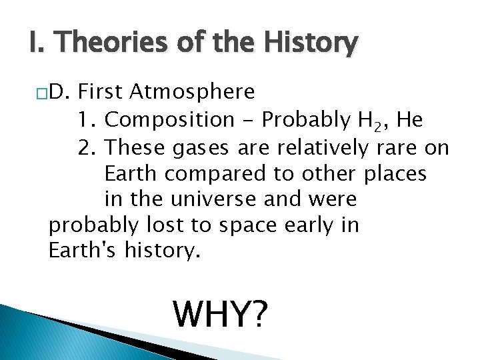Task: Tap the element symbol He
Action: click(409, 120)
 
